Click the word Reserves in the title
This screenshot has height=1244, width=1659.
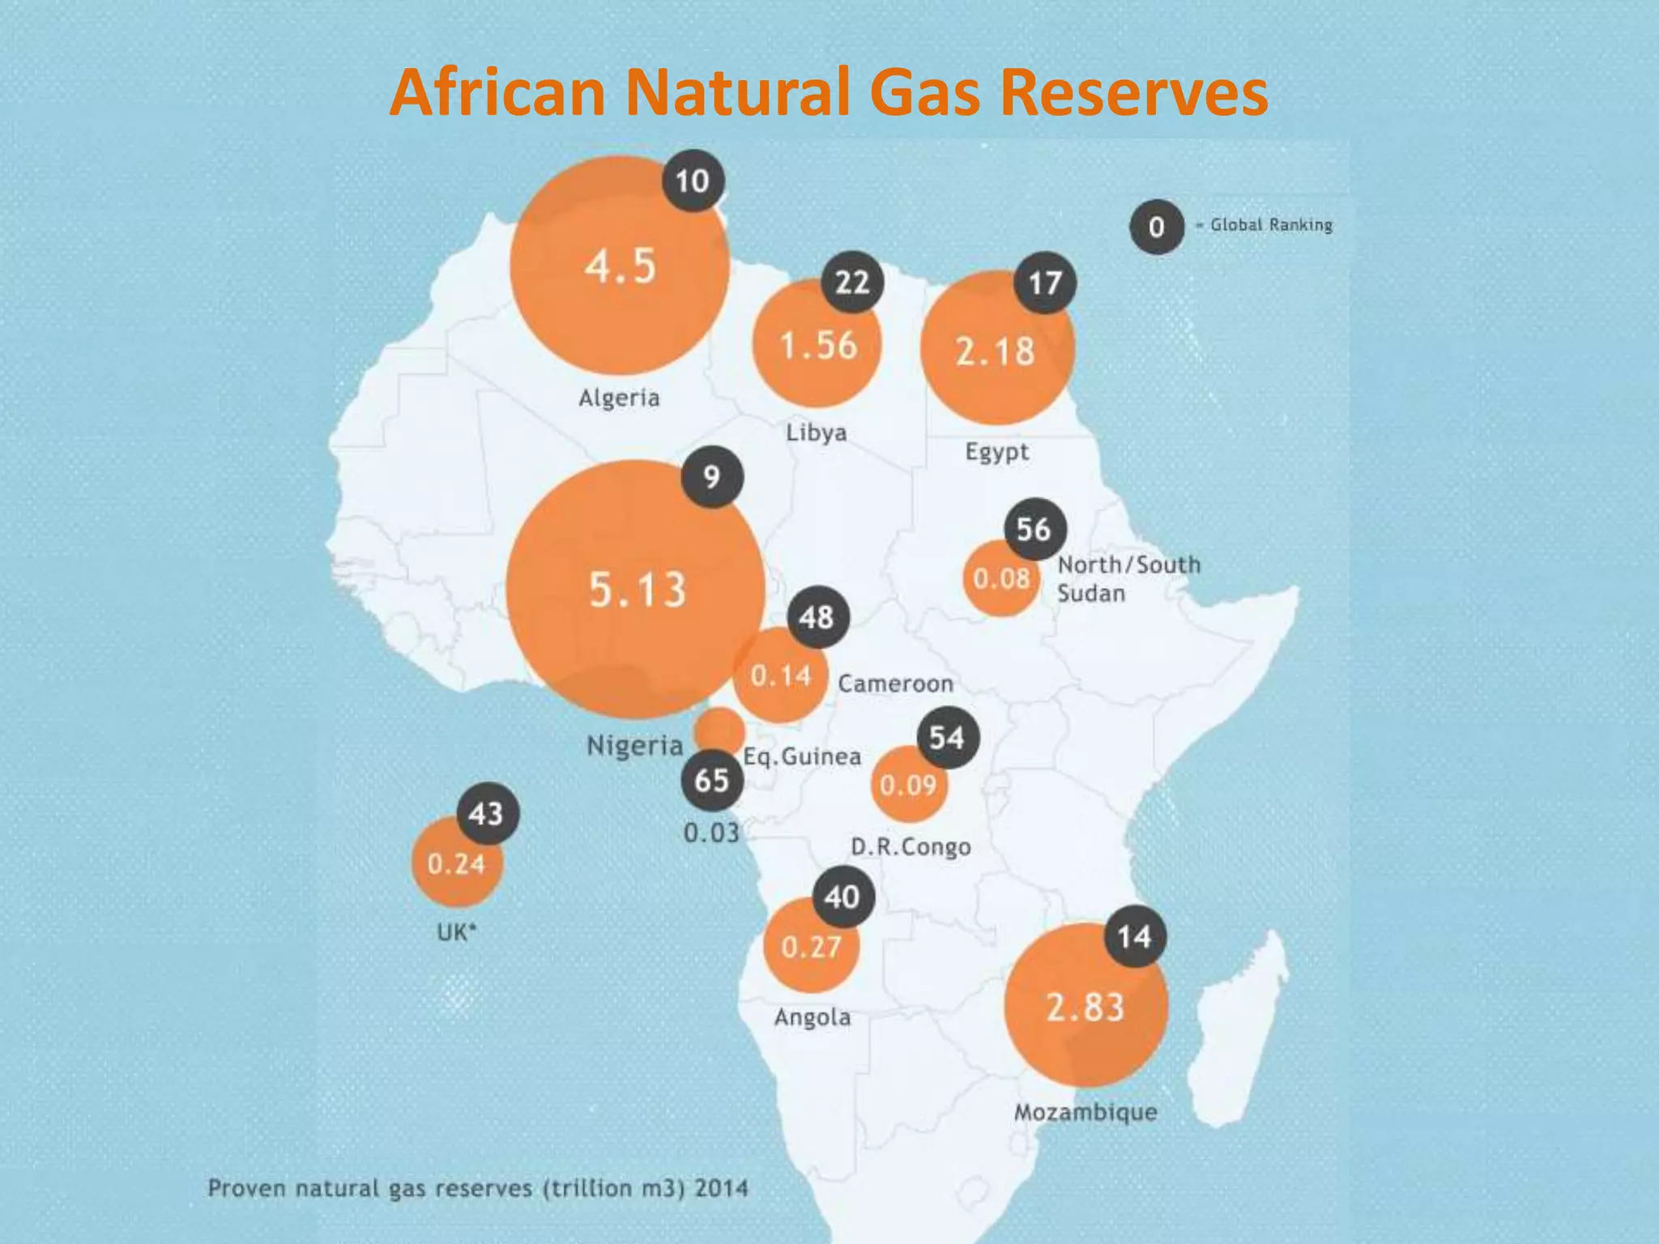pyautogui.click(x=1133, y=92)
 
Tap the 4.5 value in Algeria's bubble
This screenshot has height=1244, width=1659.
pyautogui.click(x=621, y=266)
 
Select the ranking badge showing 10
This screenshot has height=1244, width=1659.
pyautogui.click(x=693, y=181)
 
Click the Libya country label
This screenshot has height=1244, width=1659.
pyautogui.click(x=816, y=432)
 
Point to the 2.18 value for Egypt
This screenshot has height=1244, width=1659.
pyautogui.click(x=996, y=351)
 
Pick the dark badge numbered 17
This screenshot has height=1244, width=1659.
pyautogui.click(x=1045, y=283)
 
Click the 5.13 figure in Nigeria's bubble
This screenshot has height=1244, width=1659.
pyautogui.click(x=638, y=590)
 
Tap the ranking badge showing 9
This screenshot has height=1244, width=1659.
pyautogui.click(x=711, y=477)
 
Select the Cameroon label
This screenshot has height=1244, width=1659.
pyautogui.click(x=895, y=684)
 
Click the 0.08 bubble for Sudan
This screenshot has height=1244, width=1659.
pyautogui.click(x=1001, y=578)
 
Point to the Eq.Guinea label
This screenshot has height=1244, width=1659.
pyautogui.click(x=802, y=756)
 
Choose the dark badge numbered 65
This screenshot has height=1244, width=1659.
pyautogui.click(x=711, y=781)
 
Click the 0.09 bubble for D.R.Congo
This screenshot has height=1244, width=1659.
pyautogui.click(x=908, y=785)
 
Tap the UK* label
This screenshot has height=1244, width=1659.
pyautogui.click(x=457, y=933)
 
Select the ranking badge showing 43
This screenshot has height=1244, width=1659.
pyautogui.click(x=487, y=814)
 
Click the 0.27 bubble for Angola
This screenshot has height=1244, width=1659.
pyautogui.click(x=811, y=947)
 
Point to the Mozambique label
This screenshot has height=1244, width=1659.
pyautogui.click(x=1085, y=1112)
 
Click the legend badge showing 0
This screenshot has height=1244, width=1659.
pyautogui.click(x=1157, y=227)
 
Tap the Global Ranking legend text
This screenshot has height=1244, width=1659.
pyautogui.click(x=1271, y=225)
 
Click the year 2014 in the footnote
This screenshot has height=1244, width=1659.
pyautogui.click(x=721, y=1188)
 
